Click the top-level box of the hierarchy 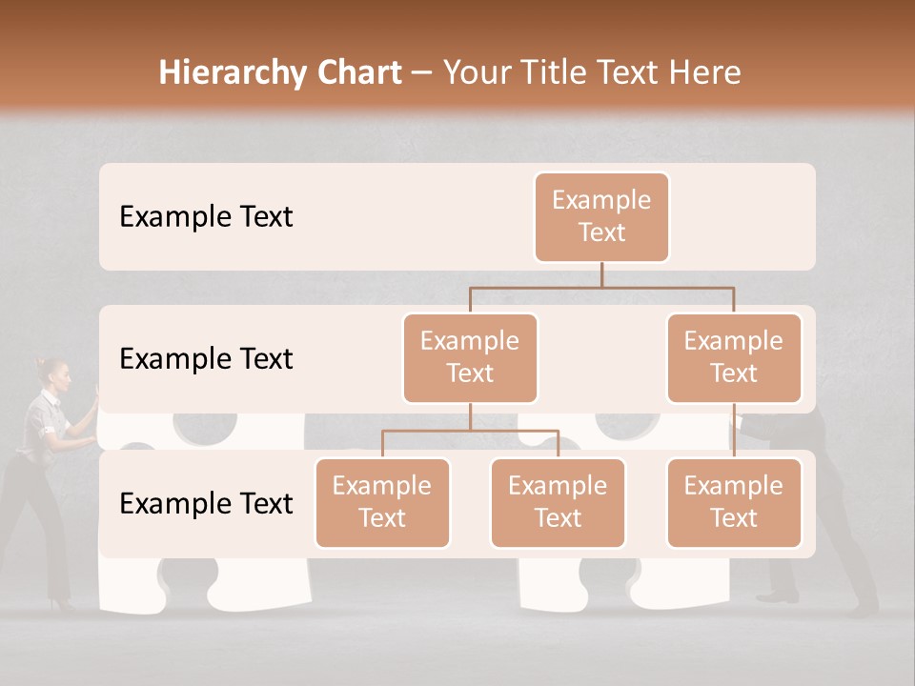tap(601, 217)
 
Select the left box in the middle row tap(470, 358)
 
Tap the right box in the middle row tap(734, 358)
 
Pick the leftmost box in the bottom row tap(382, 503)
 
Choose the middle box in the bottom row tap(558, 503)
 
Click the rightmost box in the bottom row tap(734, 503)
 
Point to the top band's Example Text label tap(206, 217)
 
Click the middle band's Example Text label tap(206, 359)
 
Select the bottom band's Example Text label tap(206, 504)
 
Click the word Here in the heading tap(703, 73)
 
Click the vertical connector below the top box tap(601, 274)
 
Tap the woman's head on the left tap(54, 373)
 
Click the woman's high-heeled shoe tap(63, 603)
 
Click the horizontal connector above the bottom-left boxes tap(470, 431)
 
